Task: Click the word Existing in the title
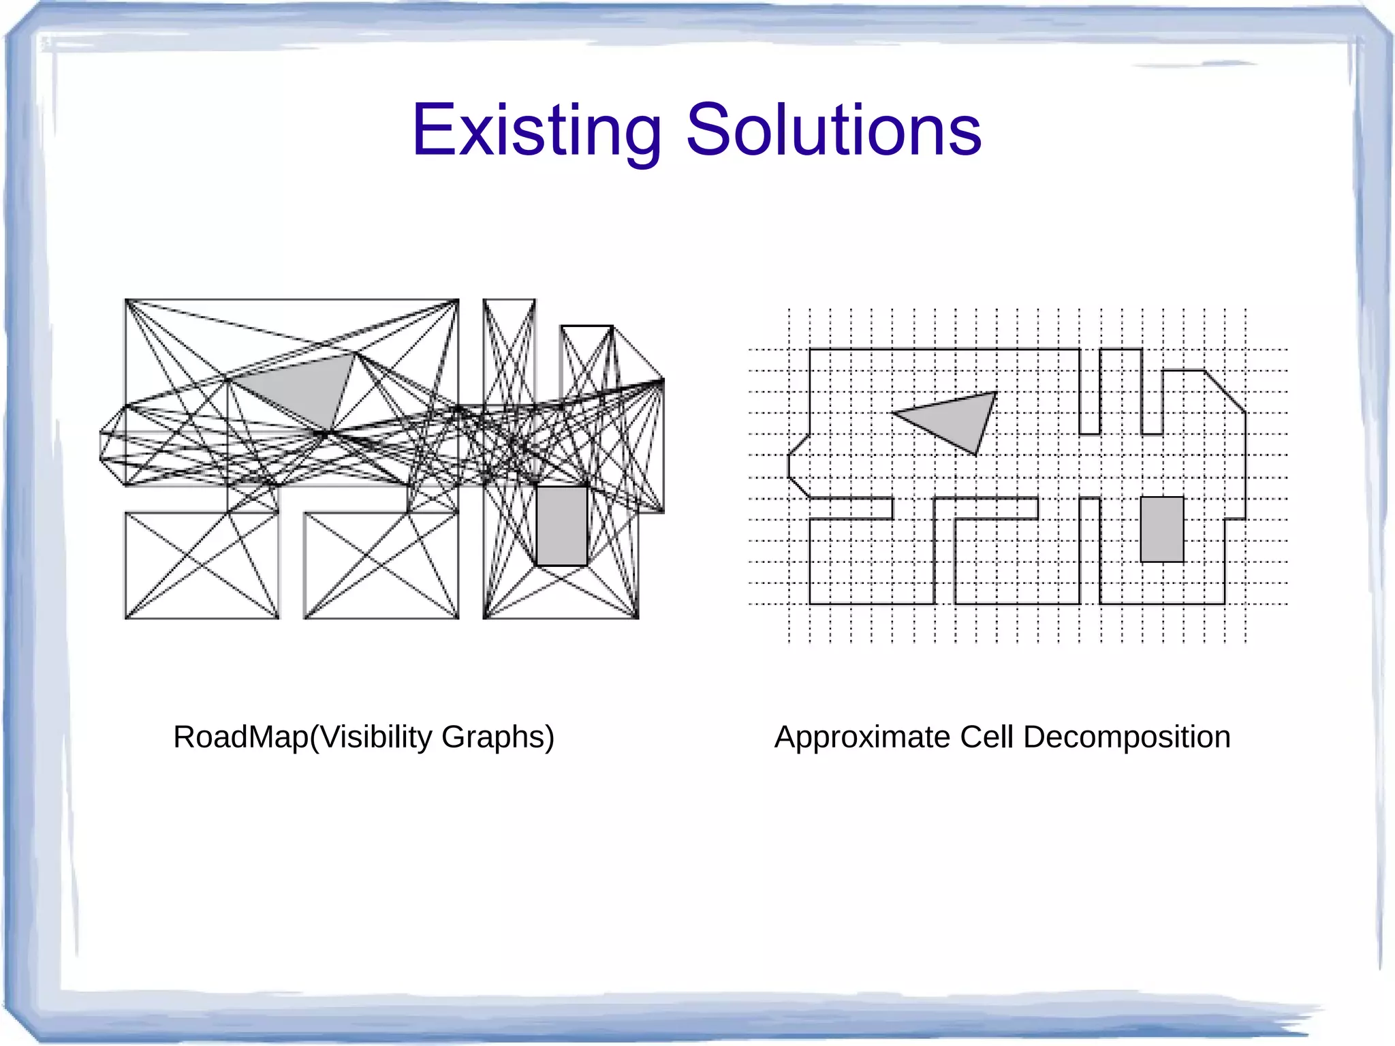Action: pos(536,130)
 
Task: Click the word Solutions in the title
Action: pos(833,130)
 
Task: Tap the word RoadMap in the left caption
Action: pos(240,737)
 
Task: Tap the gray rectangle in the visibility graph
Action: pos(562,525)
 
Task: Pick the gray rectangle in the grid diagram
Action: pos(1162,529)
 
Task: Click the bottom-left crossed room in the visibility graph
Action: pos(202,566)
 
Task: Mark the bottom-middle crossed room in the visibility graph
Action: pos(381,566)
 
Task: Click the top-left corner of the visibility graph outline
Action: pos(126,300)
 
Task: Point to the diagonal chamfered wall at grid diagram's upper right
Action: pos(1225,391)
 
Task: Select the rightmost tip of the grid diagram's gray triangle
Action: pos(996,393)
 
